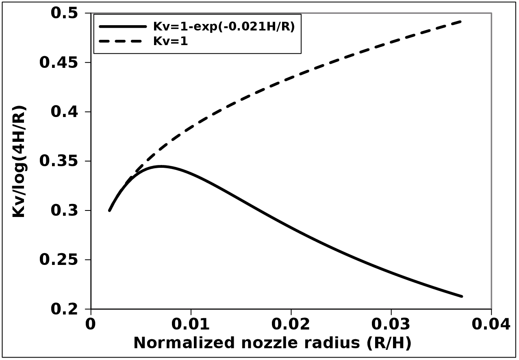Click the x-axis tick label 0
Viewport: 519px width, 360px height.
point(91,324)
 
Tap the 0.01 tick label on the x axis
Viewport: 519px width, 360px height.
point(191,324)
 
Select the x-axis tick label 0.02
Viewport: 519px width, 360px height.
point(291,324)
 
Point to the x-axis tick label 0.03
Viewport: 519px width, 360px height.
point(391,324)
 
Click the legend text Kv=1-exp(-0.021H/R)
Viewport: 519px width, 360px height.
point(224,26)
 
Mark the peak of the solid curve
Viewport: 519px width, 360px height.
point(161,166)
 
